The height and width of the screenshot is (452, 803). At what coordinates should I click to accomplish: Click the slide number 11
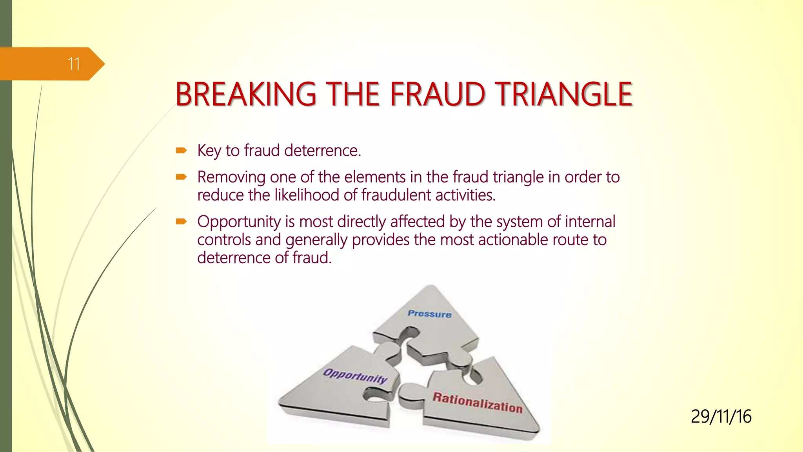click(74, 64)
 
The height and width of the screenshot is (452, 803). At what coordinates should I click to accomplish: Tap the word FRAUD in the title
click(437, 95)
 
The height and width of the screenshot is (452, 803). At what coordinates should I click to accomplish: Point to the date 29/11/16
click(721, 417)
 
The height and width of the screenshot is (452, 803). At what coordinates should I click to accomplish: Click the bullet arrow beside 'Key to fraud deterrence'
click(181, 150)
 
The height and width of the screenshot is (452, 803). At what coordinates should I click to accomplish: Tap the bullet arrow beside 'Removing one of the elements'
click(181, 177)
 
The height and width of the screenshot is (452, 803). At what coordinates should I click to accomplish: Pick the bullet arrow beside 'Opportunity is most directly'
click(181, 222)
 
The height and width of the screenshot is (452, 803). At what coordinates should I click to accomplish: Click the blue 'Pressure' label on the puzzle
click(429, 314)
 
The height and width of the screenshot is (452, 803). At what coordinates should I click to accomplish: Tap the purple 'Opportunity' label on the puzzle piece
click(355, 376)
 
